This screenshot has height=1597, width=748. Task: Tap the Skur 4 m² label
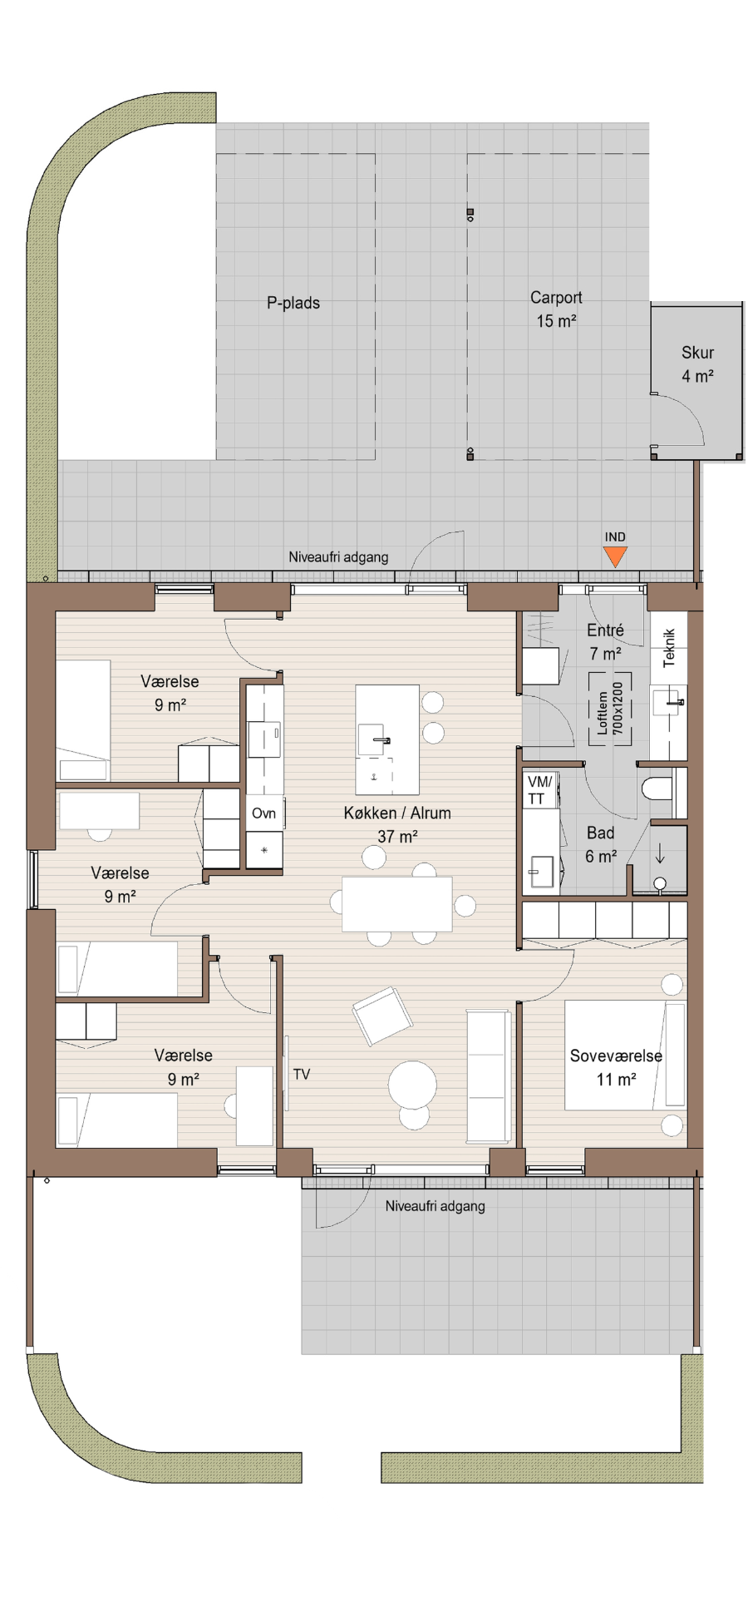pos(698,364)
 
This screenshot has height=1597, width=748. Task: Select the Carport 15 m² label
pos(556,309)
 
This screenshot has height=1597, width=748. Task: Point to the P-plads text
pos(293,303)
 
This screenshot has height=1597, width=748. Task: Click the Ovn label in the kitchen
pos(264,813)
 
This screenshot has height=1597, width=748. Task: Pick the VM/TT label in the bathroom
pos(539,790)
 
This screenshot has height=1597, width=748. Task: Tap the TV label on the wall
pos(302,1075)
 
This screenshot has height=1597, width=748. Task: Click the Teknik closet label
pos(669,648)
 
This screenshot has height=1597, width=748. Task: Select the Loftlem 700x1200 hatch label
pos(610,709)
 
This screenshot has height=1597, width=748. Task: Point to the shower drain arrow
pos(661,853)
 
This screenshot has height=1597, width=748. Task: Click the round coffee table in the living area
pos(413,1085)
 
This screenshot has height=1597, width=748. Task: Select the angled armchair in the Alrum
pos(382,1015)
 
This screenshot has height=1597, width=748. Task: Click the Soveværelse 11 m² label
pos(616,1067)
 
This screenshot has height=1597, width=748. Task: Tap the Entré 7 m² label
pos(605,641)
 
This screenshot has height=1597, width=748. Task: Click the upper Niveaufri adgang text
pos(338,556)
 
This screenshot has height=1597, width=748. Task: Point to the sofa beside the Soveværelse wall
pos(489,1075)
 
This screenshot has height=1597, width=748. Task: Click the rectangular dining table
pos(397,904)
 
